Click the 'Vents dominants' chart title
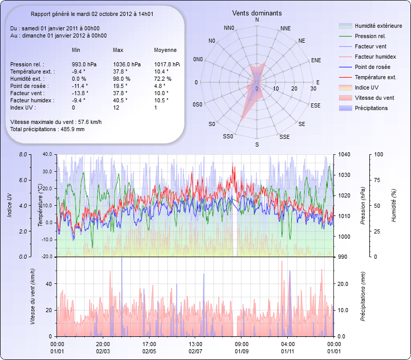tap(256, 12)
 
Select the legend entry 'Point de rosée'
tap(372, 67)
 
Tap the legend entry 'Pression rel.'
tap(370, 36)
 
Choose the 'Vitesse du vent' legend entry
tap(374, 98)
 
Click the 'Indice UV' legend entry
tap(367, 87)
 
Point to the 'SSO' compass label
tap(228, 137)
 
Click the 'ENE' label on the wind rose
tap(316, 60)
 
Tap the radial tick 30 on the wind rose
tap(313, 88)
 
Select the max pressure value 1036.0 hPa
tap(126, 64)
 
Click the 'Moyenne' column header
tap(165, 50)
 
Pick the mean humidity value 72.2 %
tap(163, 79)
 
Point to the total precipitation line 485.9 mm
tap(47, 129)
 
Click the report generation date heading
tap(95, 15)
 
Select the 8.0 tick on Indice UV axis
tap(22, 154)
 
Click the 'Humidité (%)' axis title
tap(394, 205)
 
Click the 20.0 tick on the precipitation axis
tap(343, 283)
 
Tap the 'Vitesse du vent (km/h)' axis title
tap(32, 297)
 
